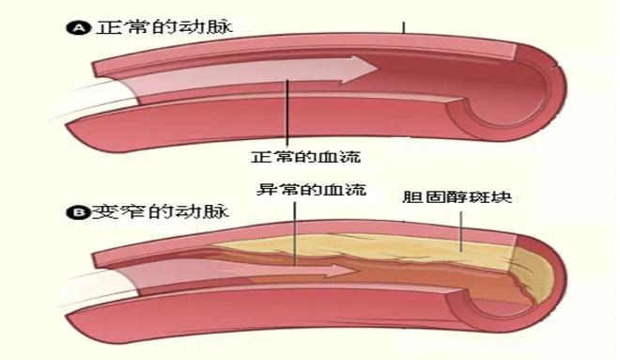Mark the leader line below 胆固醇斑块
pyautogui.click(x=461, y=226)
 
